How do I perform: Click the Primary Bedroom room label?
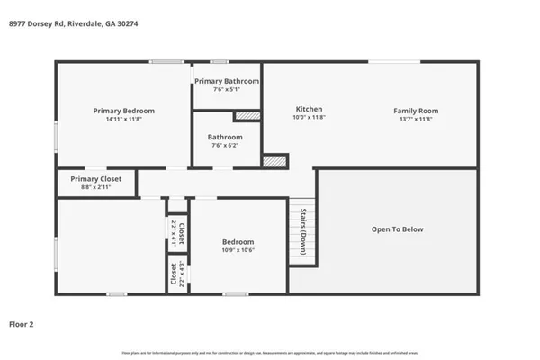(123, 111)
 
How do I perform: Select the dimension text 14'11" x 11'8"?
(123, 119)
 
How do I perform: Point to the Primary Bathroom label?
(227, 81)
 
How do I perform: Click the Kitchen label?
(309, 110)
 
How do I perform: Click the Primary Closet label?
(96, 179)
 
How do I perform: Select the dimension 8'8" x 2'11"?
(96, 187)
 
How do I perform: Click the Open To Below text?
(397, 229)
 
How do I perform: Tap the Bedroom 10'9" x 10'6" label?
(238, 242)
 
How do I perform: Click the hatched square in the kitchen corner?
(274, 160)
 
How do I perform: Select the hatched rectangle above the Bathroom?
(247, 116)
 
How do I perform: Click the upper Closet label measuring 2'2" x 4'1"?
(179, 234)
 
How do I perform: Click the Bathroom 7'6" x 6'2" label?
(226, 138)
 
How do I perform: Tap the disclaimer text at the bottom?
(270, 352)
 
